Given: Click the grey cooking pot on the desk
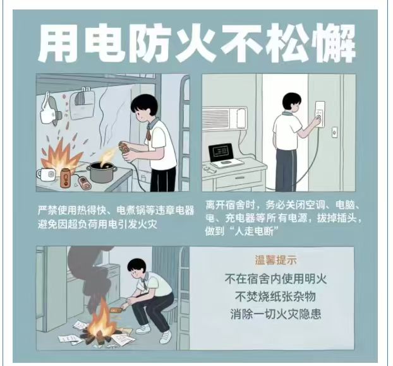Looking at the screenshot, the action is pyautogui.click(x=102, y=172).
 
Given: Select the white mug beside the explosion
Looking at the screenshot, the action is pyautogui.click(x=46, y=174).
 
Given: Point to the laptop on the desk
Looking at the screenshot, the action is pyautogui.click(x=224, y=155).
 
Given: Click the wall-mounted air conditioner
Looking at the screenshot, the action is pyautogui.click(x=225, y=119).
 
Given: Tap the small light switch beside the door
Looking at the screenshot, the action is pyautogui.click(x=334, y=132).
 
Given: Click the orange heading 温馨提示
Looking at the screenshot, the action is pyautogui.click(x=275, y=260).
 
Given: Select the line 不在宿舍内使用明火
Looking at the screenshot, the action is pyautogui.click(x=275, y=279).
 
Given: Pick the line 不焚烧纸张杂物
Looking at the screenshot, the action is pyautogui.click(x=275, y=297).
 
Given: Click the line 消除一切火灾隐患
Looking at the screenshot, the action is pyautogui.click(x=275, y=314).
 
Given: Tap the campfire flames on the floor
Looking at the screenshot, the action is pyautogui.click(x=102, y=318).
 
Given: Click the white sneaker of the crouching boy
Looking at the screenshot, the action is pyautogui.click(x=166, y=337).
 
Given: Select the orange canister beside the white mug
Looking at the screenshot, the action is pyautogui.click(x=66, y=178).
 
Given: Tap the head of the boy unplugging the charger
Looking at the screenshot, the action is pyautogui.click(x=291, y=102).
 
